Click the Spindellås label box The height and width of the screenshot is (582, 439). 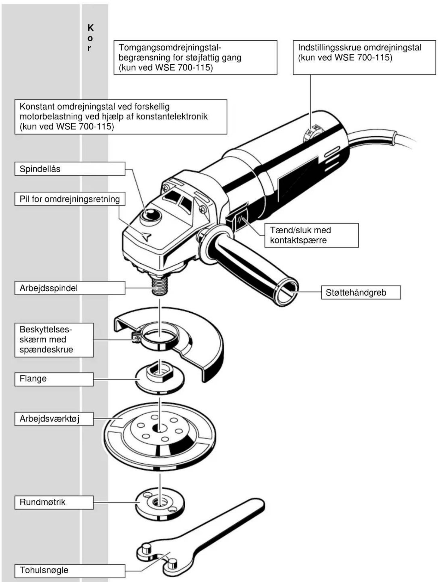click(70, 169)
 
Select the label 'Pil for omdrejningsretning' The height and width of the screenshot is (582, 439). click(70, 199)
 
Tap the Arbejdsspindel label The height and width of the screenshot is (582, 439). click(70, 288)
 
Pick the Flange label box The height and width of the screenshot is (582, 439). click(54, 379)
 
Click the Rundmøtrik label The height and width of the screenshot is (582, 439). click(54, 502)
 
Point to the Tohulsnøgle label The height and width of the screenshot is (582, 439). click(70, 570)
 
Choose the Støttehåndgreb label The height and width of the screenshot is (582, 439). click(361, 292)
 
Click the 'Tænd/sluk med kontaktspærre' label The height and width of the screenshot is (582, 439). click(311, 235)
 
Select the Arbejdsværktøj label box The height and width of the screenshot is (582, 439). click(54, 419)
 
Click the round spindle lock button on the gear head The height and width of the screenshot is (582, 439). click(151, 215)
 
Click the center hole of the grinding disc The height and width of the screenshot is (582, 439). click(160, 427)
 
